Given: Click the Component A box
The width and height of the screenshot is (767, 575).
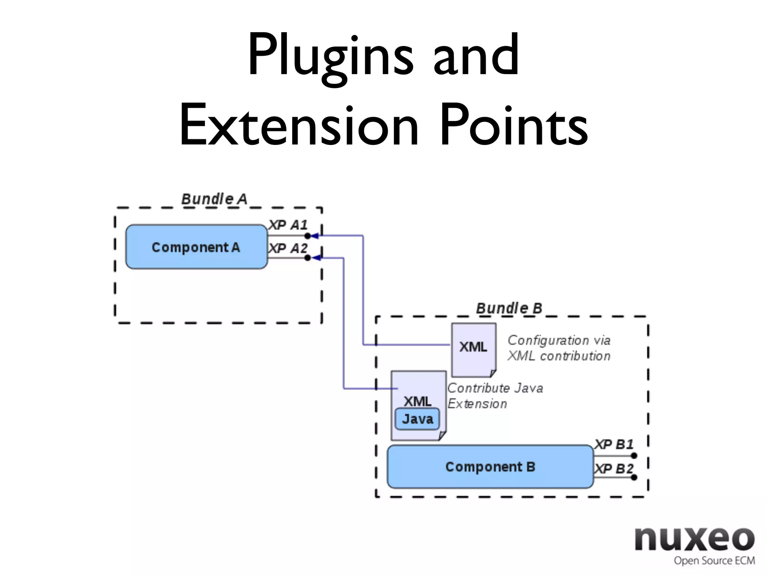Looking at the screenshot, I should pos(196,247).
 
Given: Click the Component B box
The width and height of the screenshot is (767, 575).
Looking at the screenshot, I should pos(490,467).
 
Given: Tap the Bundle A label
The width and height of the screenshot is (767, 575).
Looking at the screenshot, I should pos(214,199).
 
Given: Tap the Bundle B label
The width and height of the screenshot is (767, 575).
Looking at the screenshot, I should pos(509,308).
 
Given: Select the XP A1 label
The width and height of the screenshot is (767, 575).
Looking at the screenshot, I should pos(288,225).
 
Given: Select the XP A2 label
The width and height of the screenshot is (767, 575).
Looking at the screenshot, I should pos(288,248).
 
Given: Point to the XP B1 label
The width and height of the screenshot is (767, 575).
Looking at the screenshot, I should pos(614,444).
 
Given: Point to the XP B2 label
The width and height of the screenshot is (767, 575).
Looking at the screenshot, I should pos(614,468).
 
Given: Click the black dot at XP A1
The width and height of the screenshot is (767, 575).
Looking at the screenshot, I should pos(307,236).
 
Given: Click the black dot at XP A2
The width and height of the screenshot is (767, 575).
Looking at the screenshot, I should pos(307,258).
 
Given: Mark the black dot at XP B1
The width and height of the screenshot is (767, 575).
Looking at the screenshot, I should pos(634,456).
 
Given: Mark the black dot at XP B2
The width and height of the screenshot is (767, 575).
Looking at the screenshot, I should pos(634,477).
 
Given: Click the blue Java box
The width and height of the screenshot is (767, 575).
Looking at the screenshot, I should pos(417,419).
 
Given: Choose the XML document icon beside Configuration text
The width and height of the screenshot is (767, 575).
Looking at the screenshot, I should pos(474,348).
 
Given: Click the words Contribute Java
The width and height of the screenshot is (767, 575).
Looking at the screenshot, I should pos(495,388).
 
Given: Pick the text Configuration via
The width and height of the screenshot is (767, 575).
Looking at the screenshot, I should pos(559,340).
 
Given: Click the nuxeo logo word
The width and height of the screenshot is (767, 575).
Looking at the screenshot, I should pos(695,539).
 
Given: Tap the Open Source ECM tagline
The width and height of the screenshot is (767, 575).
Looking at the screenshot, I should pos(714,560).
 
